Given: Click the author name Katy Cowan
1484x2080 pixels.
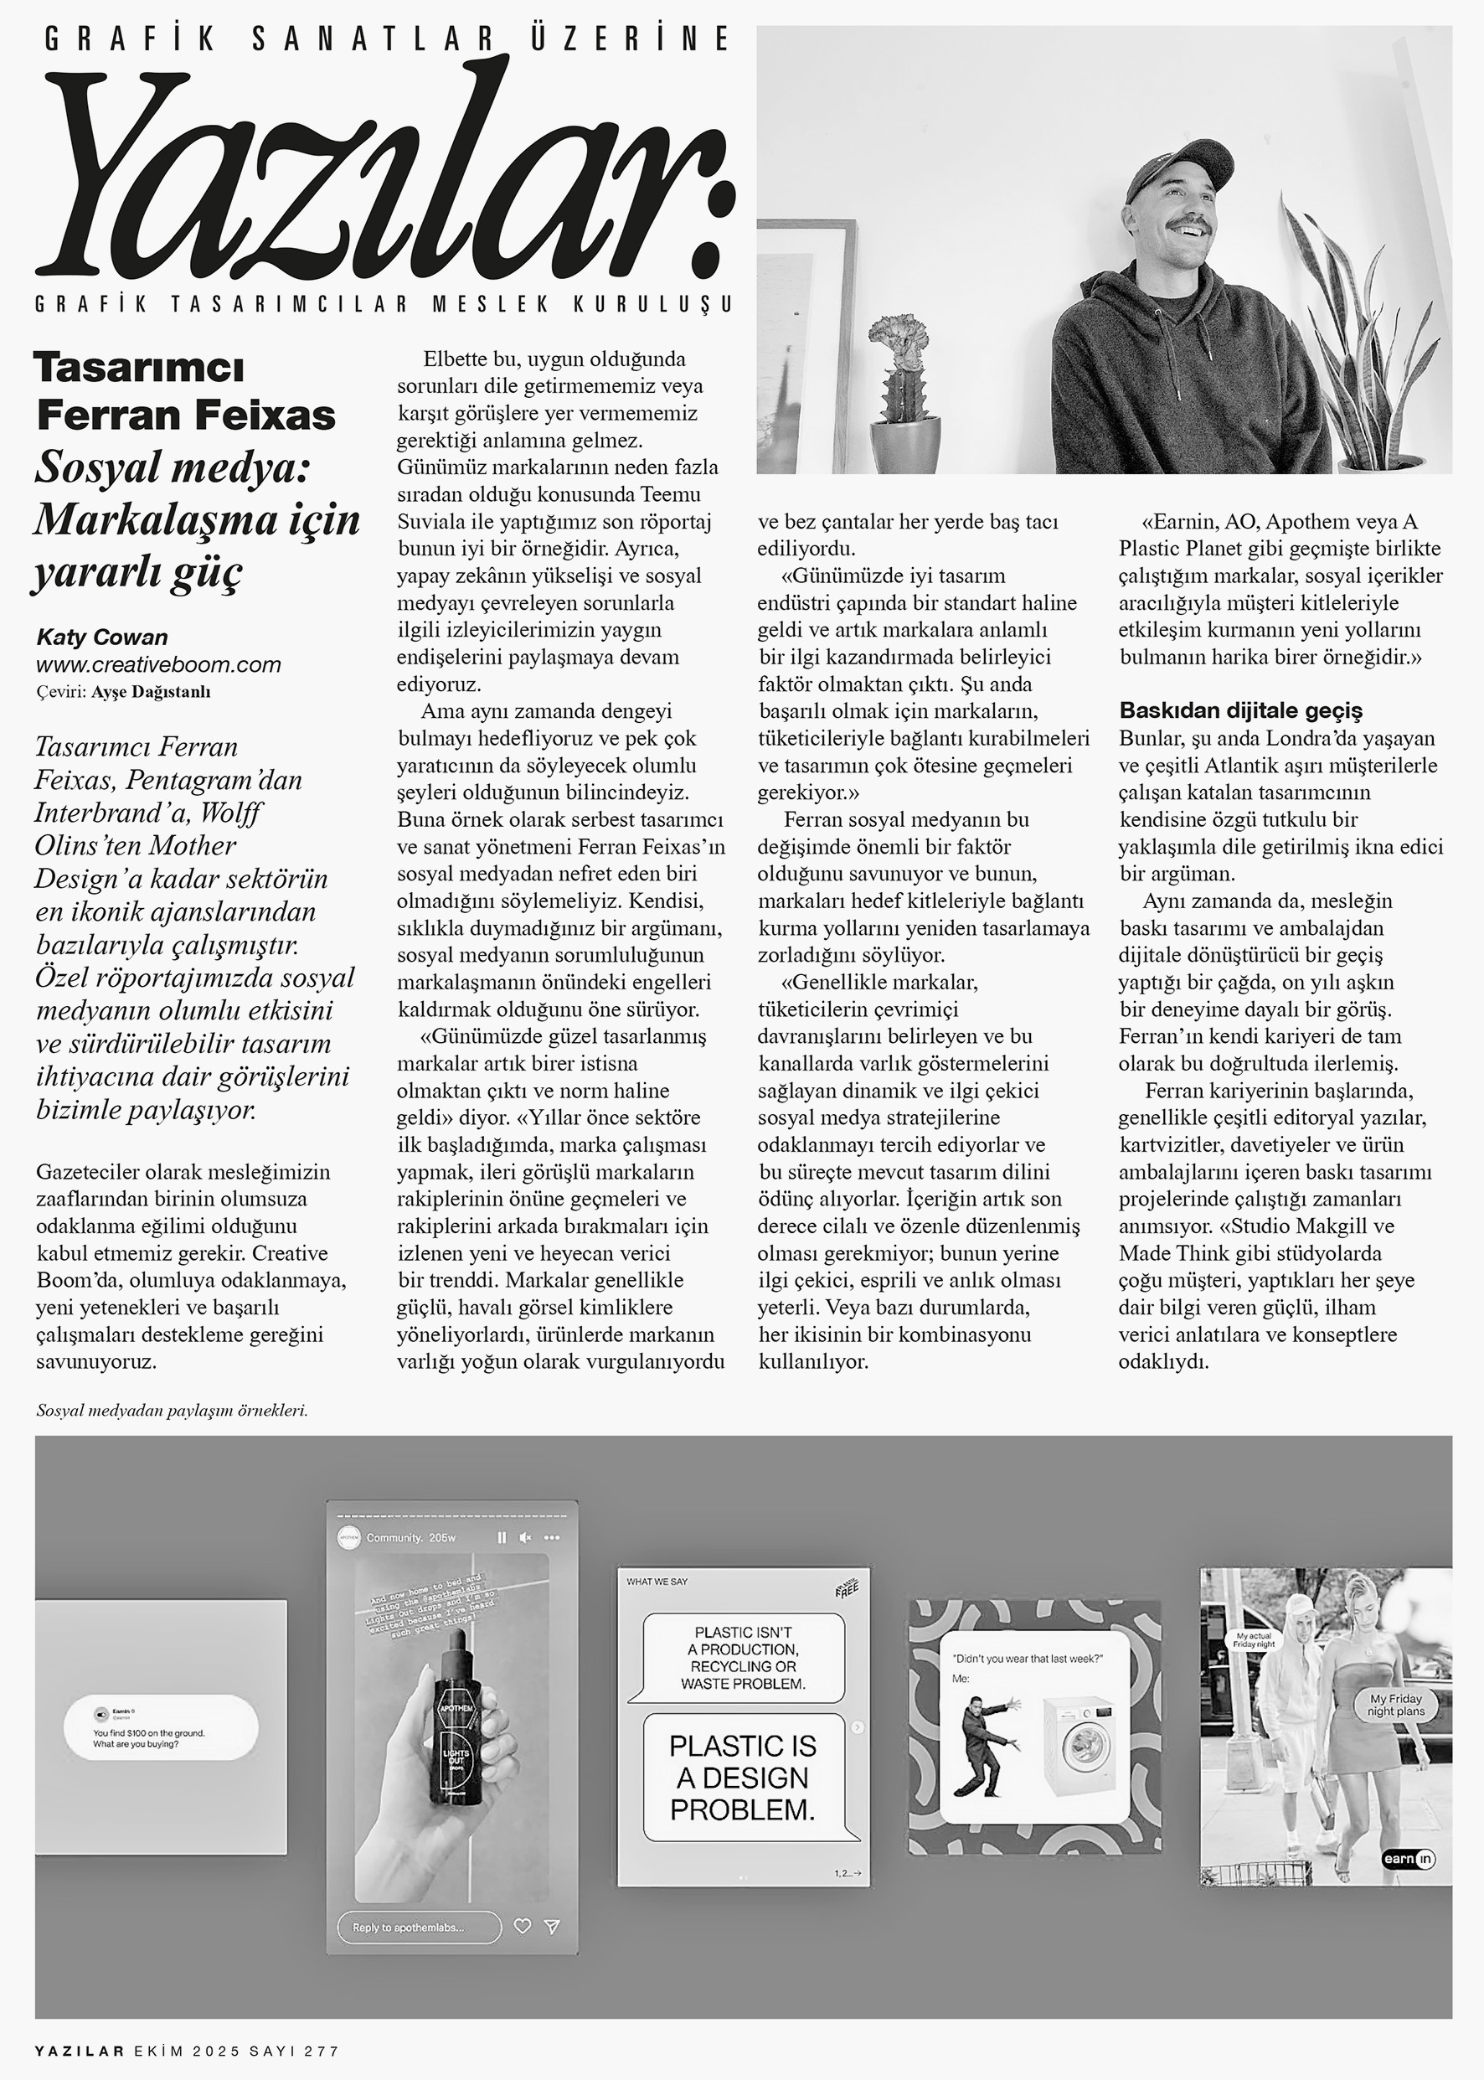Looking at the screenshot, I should pos(102,637).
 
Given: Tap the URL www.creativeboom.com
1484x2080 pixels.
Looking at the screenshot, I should pos(158,664).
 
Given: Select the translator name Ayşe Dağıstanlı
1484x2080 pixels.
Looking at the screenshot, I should pos(151,692).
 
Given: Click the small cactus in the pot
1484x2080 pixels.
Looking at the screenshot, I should pos(902,364).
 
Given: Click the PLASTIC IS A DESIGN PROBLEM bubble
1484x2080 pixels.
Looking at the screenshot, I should pos(742,1777).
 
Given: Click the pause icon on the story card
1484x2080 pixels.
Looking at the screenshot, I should pos(502,1538).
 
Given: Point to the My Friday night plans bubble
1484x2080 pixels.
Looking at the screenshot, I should pos(1396,1706).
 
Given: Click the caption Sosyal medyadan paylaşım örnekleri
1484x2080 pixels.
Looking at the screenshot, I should pos(172,1410).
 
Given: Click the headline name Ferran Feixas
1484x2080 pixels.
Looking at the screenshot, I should pos(187,415).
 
